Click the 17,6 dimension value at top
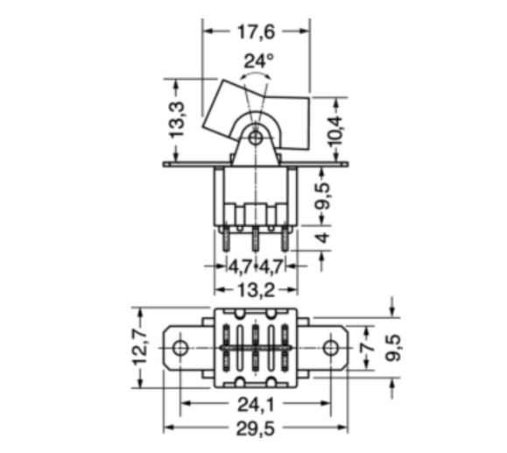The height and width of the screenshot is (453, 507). [256, 32]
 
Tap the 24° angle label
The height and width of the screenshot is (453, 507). [258, 60]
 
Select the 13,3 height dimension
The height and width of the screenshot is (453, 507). [177, 120]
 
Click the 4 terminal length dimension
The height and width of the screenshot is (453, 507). [322, 237]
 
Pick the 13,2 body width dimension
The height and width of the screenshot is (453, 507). [256, 290]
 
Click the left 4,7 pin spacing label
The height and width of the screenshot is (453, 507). [240, 266]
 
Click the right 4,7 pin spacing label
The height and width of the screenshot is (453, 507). [271, 266]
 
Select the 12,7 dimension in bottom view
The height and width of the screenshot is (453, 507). [141, 347]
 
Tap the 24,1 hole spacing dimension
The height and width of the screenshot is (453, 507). [256, 404]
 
